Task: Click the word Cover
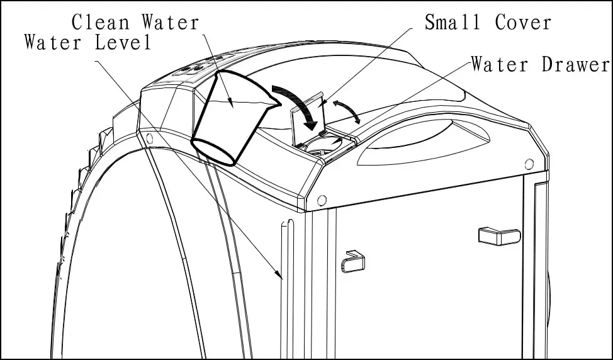(522, 23)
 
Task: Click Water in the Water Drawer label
(500, 65)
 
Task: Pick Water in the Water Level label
(52, 43)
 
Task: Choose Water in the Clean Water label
(169, 23)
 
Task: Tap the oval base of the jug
(213, 152)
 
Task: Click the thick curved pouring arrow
(299, 104)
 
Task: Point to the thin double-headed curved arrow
(347, 110)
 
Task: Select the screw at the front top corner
(322, 201)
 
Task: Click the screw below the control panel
(149, 137)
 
